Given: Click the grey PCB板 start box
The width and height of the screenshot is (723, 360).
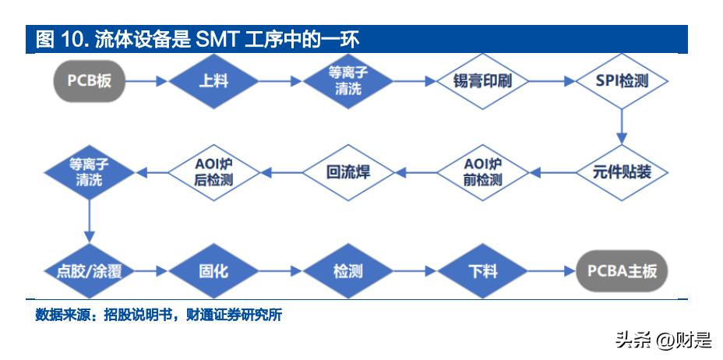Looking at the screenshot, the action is point(90,81).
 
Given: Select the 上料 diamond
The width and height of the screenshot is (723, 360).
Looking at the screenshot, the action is point(213,81).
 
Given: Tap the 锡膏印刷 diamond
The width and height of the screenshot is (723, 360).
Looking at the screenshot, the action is point(481,81).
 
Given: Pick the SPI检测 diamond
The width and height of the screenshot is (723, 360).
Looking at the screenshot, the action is point(622,81).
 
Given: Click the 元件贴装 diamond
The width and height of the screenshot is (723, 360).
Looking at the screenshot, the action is point(622,173).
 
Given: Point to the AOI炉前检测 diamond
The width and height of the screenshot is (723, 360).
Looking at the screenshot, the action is point(481,173).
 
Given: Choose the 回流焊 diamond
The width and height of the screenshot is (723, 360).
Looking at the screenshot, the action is point(348,173).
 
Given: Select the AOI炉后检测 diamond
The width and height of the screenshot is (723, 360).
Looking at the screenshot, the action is point(213,173).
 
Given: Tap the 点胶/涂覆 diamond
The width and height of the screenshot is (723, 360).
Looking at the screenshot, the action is point(89,271).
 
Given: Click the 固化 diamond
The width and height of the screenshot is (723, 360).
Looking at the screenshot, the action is point(213,271).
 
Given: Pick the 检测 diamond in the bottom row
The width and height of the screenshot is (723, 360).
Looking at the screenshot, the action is point(348,271).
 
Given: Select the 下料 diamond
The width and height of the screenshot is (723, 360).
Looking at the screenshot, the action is point(481,271).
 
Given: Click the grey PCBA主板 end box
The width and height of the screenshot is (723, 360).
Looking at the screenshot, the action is point(622,271).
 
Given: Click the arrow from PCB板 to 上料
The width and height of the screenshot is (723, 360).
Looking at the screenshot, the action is point(146,81).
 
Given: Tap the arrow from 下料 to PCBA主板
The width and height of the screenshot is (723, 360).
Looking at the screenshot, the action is point(552,271).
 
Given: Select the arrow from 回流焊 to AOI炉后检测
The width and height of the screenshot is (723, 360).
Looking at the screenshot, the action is point(280,173).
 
